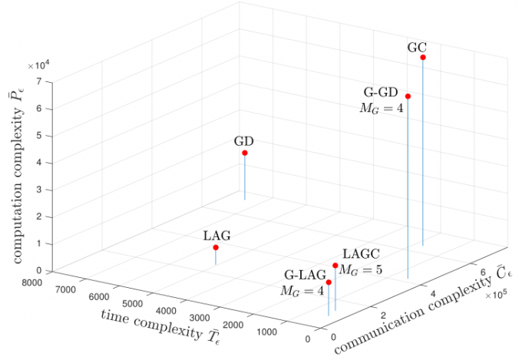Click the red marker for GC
pyautogui.click(x=423, y=58)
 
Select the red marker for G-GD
pyautogui.click(x=408, y=96)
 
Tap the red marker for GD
pyautogui.click(x=245, y=153)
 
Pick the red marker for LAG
pyautogui.click(x=216, y=247)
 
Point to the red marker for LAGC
pyautogui.click(x=336, y=266)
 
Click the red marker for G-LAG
pyautogui.click(x=329, y=282)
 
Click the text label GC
pyautogui.click(x=417, y=46)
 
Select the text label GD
pyautogui.click(x=244, y=141)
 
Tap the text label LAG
pyautogui.click(x=217, y=236)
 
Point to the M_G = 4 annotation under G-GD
pyautogui.click(x=381, y=108)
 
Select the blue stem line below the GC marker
pyautogui.click(x=423, y=154)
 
